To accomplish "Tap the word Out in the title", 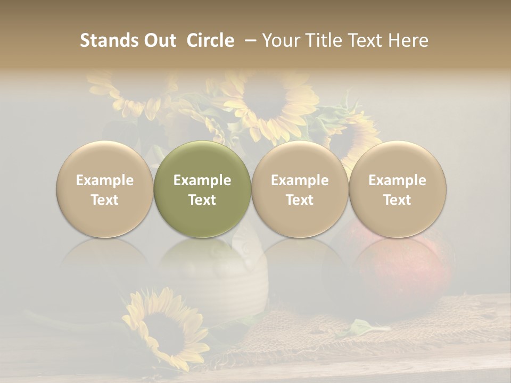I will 158,40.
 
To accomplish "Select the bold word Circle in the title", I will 210,40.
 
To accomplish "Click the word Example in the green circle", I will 202,180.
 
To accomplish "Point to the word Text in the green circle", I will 202,200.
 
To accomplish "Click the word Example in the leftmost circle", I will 105,180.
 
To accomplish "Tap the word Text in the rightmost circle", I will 398,200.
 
